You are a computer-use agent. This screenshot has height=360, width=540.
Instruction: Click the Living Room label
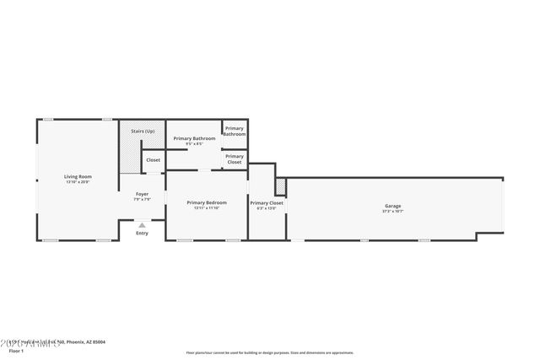[77, 176]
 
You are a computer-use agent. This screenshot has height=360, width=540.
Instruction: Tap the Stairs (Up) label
[143, 132]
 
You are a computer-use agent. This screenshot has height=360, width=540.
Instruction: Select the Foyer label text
[143, 194]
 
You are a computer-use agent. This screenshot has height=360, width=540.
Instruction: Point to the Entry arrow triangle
[142, 225]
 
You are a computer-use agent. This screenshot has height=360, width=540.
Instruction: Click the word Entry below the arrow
[142, 234]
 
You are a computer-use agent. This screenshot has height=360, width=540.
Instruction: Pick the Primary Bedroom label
[207, 202]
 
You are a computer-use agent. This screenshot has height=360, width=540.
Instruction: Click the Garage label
[392, 206]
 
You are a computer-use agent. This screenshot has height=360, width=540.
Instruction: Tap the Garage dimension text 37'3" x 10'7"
[392, 212]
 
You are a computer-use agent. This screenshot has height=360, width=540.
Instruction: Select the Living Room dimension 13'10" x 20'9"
[77, 182]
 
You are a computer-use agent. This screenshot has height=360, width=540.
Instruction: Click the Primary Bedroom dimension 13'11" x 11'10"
[207, 208]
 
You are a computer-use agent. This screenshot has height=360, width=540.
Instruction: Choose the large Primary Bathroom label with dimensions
[194, 138]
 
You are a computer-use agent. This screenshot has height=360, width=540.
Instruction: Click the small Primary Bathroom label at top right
[235, 132]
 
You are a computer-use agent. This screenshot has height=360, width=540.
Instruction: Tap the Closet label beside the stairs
[153, 159]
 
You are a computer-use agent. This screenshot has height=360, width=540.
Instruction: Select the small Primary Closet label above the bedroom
[235, 159]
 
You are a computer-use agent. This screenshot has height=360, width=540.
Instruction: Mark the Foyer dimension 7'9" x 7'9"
[143, 200]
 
